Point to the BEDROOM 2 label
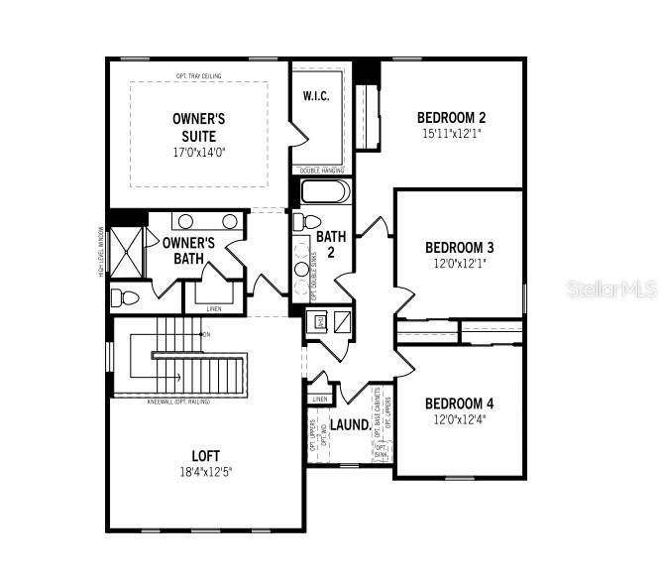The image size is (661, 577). tap(451, 117)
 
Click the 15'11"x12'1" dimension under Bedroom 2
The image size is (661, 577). tap(451, 133)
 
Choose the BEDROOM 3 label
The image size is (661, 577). tap(459, 247)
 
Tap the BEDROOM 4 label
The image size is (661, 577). tap(459, 404)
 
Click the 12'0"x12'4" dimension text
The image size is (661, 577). tap(459, 419)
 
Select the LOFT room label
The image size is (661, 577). tap(206, 456)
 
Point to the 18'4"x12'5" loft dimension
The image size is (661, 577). tap(206, 472)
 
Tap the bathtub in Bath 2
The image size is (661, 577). tap(324, 191)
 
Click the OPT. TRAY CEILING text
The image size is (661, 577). tap(199, 76)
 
